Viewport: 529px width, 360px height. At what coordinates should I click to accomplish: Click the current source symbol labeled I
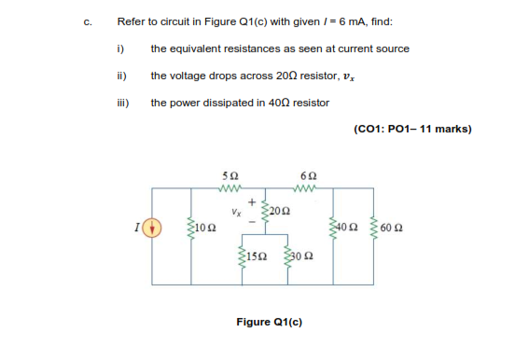tap(158, 227)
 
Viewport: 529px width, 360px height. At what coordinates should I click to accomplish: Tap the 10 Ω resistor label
tap(206, 227)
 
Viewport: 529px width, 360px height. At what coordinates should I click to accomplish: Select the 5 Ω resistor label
tap(230, 175)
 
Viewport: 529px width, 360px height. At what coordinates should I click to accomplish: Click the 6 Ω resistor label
tap(309, 175)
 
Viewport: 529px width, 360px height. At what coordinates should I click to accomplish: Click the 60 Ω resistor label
tap(392, 227)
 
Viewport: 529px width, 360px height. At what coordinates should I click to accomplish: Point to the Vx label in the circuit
tap(239, 211)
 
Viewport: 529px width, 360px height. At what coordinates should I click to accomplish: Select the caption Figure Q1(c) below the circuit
tap(269, 322)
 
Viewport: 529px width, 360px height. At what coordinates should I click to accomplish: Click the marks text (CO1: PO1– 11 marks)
tap(412, 129)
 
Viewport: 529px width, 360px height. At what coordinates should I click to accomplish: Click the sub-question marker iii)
tap(121, 103)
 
